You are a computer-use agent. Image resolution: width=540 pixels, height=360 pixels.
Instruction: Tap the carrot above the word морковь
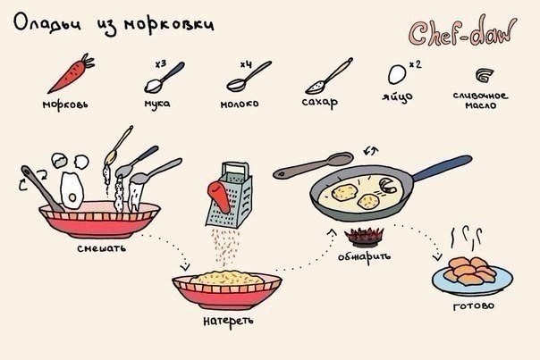(70, 74)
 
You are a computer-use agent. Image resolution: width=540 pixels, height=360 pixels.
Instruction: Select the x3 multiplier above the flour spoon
(161, 64)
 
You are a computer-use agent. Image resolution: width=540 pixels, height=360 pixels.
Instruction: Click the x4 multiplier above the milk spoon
(246, 64)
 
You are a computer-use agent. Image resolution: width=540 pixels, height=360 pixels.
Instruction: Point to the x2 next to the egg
(416, 64)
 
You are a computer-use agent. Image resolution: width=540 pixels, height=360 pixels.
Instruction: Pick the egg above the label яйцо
(397, 74)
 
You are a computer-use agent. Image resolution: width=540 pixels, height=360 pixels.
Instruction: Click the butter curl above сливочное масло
(485, 75)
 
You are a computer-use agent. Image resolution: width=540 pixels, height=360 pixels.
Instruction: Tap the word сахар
(320, 103)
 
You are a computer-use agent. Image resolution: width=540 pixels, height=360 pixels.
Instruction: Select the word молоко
(240, 104)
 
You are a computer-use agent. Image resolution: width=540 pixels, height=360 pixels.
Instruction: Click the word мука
(157, 104)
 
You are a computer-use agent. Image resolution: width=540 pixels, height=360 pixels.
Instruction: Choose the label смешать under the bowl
(102, 248)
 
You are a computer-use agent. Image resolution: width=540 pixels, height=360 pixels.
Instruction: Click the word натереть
(228, 321)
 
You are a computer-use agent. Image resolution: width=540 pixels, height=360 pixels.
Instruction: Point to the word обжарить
(365, 256)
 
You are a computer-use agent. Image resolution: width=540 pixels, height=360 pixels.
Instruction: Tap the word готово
(474, 306)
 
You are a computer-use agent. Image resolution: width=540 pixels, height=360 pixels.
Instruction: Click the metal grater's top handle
(235, 169)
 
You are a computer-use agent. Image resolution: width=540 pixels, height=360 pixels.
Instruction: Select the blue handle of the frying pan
(443, 168)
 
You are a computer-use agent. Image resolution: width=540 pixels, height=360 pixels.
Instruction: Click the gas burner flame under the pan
(364, 236)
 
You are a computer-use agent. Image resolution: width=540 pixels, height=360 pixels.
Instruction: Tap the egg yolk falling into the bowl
(72, 197)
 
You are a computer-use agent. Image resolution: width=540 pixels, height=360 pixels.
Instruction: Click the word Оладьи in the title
(47, 23)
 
